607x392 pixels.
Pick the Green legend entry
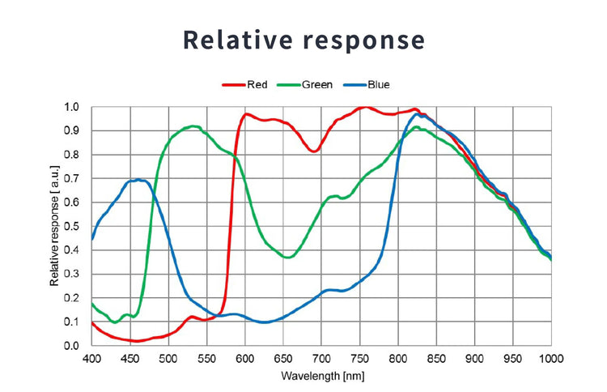click(316, 84)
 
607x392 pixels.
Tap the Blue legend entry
click(378, 84)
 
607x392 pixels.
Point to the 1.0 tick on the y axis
click(72, 107)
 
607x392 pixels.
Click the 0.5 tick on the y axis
click(72, 226)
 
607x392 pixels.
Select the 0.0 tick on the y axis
click(72, 346)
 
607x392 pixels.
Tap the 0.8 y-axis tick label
click(72, 155)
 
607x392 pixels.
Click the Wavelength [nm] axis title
click(321, 377)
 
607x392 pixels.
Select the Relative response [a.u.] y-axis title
click(55, 226)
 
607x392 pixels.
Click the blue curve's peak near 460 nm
click(138, 180)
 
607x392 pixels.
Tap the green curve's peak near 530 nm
click(193, 126)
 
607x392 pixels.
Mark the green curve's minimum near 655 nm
click(287, 258)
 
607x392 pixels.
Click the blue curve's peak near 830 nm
click(421, 114)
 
